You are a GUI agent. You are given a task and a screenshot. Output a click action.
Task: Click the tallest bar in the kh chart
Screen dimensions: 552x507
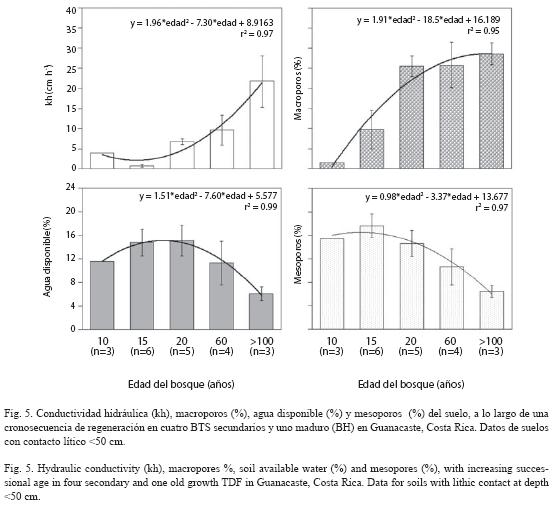point(262,125)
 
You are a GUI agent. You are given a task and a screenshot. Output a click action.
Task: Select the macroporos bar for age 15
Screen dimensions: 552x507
point(372,149)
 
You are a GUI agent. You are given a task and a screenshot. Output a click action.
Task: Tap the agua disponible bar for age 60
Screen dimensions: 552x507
point(222,296)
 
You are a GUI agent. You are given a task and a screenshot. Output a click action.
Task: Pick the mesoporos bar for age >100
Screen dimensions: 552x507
point(491,310)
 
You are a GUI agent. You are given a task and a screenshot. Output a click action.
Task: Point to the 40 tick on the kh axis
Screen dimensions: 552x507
point(71,11)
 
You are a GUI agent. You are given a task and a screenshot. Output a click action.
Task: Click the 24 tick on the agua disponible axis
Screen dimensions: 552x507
point(71,187)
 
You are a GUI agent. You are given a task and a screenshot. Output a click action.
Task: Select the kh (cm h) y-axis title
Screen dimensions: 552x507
point(49,85)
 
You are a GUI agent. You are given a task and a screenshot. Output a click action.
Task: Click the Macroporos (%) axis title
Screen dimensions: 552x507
point(298,88)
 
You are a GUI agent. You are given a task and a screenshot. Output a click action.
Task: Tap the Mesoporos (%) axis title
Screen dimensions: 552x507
point(298,254)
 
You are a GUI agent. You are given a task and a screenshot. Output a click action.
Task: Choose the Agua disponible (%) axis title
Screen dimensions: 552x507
point(47,257)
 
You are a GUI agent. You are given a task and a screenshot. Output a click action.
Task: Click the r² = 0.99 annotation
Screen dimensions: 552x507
point(261,207)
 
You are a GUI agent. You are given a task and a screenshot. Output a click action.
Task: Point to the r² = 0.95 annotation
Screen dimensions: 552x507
point(483,31)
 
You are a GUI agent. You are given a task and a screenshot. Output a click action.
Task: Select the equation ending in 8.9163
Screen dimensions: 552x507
point(202,23)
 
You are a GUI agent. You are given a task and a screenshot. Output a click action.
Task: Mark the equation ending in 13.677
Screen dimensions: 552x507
point(437,196)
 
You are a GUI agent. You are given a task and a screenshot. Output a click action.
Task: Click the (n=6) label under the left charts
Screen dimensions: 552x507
point(142,351)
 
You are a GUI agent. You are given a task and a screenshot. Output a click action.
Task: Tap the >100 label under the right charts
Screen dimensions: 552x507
point(491,341)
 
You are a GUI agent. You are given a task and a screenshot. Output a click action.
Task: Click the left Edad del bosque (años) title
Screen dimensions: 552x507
point(181,384)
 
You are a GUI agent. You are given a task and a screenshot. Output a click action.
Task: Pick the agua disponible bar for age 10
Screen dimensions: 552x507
point(102,295)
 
